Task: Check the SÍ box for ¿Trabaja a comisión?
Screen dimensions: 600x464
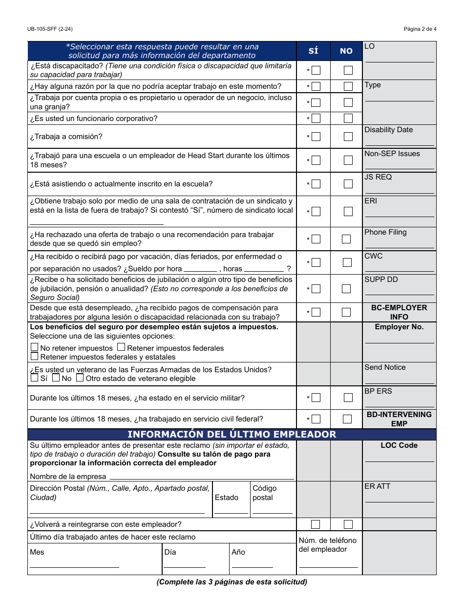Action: click(316, 137)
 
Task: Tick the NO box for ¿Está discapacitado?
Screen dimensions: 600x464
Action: click(348, 70)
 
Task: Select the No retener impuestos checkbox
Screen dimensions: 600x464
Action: click(34, 348)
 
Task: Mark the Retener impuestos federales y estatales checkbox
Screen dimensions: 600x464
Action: click(34, 357)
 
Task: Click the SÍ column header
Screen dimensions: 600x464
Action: click(313, 51)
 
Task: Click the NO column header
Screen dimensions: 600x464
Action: click(346, 51)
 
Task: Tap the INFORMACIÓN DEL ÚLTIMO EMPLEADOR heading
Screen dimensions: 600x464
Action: click(232, 434)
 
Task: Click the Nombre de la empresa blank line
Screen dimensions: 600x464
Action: click(201, 477)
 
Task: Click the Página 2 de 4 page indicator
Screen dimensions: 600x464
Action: click(420, 29)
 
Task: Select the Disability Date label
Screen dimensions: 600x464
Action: click(388, 130)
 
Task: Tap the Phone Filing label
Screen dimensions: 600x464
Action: click(385, 232)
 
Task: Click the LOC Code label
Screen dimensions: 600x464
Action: click(399, 445)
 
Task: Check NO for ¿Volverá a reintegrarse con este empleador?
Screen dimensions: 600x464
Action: click(348, 524)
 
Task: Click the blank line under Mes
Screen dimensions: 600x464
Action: click(74, 566)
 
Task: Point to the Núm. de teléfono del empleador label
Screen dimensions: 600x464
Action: click(328, 545)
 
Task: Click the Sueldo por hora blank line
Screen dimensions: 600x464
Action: click(200, 269)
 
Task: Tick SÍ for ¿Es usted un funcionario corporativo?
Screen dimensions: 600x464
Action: click(316, 118)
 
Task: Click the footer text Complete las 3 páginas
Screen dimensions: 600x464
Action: click(232, 582)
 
